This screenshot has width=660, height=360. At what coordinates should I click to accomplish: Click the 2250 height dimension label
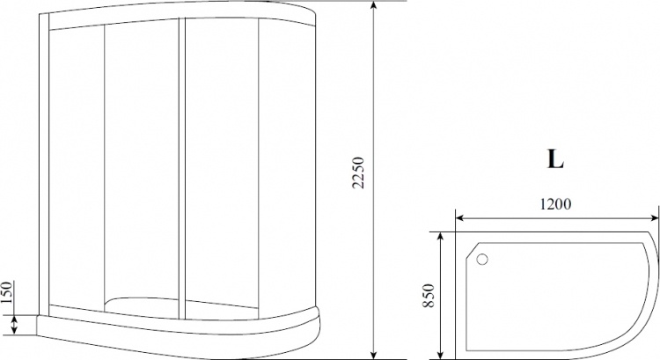click(x=359, y=173)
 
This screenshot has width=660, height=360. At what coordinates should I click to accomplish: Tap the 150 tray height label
click(x=7, y=292)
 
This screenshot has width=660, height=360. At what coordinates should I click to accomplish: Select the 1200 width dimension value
click(x=555, y=204)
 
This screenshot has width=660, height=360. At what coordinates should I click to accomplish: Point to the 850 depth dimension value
click(x=429, y=296)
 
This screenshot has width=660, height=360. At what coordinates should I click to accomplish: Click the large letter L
click(x=555, y=159)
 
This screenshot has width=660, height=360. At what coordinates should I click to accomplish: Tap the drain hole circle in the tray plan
click(x=482, y=259)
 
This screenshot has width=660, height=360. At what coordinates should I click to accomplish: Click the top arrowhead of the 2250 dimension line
click(x=373, y=6)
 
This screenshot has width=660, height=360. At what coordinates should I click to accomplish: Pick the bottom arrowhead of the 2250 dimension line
click(x=373, y=354)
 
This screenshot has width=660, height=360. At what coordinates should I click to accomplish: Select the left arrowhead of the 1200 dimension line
click(x=461, y=218)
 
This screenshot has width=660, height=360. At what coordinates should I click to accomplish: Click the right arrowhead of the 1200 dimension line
click(x=653, y=218)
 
